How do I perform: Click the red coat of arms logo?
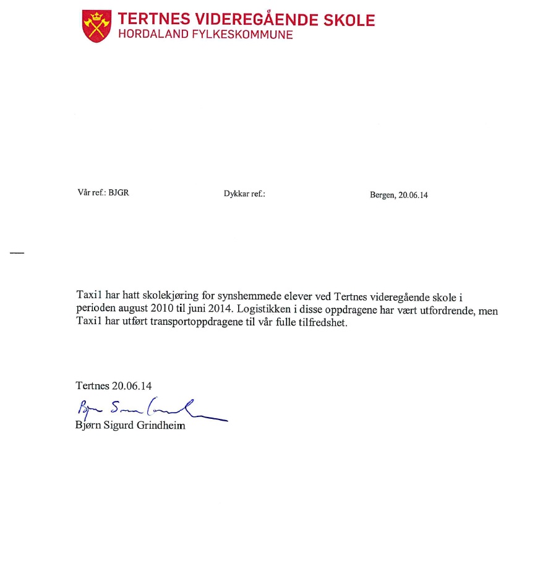pos(97,26)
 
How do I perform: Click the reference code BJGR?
pos(119,192)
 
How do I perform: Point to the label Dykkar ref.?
pos(244,194)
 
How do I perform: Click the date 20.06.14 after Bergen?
pos(413,195)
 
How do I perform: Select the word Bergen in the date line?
pos(382,195)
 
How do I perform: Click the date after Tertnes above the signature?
pos(132,386)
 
